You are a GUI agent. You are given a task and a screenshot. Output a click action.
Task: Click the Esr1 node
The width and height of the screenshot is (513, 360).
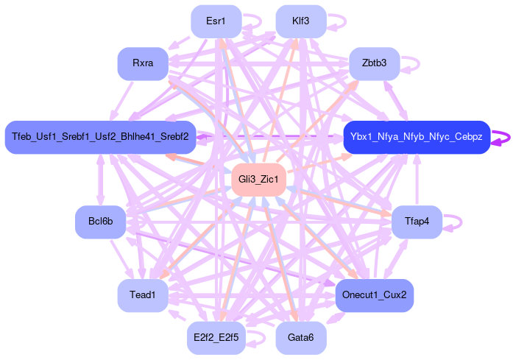tap(216, 21)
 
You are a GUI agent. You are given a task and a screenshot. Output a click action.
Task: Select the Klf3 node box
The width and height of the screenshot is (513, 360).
tap(300, 21)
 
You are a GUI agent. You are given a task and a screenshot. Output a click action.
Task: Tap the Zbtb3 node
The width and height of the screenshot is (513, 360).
tap(374, 63)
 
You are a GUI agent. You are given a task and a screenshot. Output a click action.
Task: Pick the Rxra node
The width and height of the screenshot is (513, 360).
tap(143, 63)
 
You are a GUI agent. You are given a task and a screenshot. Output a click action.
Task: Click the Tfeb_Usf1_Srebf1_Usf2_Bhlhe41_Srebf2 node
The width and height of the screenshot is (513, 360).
tap(100, 137)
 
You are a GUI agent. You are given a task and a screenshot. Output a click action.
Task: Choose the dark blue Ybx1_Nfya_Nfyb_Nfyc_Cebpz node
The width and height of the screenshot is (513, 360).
tap(417, 137)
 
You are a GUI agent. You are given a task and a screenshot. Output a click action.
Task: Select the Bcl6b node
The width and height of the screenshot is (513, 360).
tap(100, 222)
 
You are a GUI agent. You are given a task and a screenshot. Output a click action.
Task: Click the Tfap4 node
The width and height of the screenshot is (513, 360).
tap(416, 222)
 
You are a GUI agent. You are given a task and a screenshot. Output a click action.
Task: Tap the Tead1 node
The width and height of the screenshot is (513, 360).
tap(143, 295)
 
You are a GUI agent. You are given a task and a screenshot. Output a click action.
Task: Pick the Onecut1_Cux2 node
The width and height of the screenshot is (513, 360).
tap(375, 295)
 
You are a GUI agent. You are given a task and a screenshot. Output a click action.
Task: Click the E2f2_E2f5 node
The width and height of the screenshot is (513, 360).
tap(216, 338)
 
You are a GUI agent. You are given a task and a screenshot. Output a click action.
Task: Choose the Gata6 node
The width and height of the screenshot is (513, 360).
tap(300, 338)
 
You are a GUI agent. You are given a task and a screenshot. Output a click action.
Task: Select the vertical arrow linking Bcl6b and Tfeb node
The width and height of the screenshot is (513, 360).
tap(100, 180)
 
